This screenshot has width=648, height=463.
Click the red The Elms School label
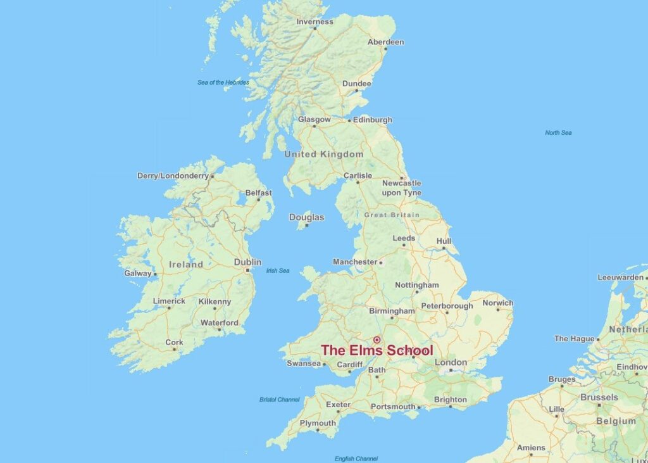377,350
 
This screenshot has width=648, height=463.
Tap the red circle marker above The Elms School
377,339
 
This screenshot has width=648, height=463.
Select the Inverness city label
315,22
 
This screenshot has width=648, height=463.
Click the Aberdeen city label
385,42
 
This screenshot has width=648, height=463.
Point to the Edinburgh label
373,120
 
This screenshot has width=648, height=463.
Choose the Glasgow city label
315,119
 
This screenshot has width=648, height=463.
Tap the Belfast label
258,193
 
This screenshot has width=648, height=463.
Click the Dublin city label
247,262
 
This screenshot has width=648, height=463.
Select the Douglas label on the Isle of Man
306,217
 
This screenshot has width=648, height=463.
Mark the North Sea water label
558,132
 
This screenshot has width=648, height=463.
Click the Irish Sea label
278,270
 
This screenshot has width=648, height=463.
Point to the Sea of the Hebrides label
223,82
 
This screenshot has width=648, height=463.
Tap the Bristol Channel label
279,400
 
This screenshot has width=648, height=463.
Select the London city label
451,362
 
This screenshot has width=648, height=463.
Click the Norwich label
497,303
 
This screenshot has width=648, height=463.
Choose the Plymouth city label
318,423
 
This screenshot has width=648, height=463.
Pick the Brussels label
599,397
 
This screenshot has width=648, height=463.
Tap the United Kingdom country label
323,154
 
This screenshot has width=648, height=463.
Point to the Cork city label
174,342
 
